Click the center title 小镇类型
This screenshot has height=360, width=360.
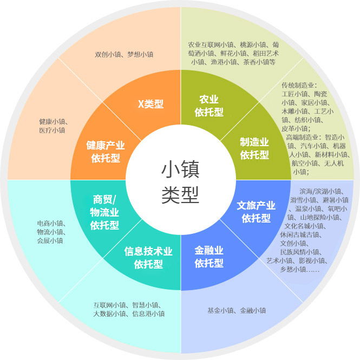180,182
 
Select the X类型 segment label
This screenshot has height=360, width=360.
150,104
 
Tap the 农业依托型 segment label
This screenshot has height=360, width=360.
209,106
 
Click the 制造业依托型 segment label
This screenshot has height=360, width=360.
254,148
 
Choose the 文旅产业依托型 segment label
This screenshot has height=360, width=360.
256,212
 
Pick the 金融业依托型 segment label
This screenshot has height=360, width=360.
209,257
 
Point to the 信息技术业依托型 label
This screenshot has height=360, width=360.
148,258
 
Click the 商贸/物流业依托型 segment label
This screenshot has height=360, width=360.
104,212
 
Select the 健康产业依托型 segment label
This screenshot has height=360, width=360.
106,152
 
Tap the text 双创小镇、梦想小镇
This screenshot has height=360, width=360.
124,55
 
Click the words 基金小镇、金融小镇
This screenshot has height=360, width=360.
237,310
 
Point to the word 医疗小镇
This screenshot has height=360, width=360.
52,130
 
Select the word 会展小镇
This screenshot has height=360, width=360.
50,240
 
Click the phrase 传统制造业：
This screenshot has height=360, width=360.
299,86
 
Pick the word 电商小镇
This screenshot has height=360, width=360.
50,223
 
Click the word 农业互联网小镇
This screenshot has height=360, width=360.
211,44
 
